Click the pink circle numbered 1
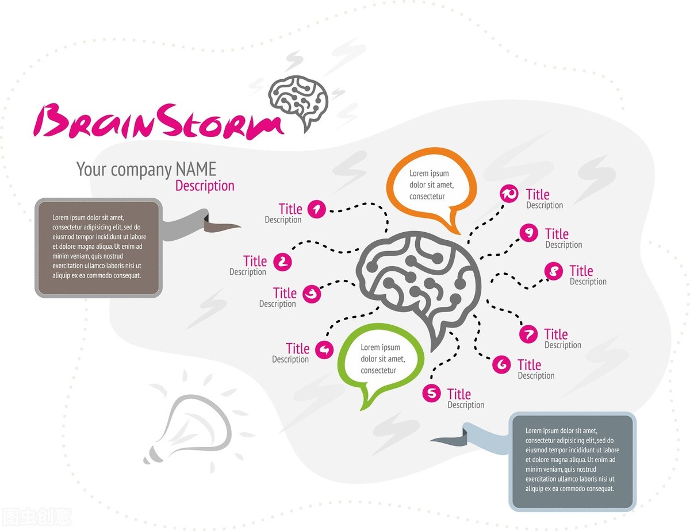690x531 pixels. click(x=317, y=209)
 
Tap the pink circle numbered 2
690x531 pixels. click(x=282, y=262)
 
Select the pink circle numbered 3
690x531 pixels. click(x=312, y=294)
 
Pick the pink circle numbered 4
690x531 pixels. click(x=325, y=349)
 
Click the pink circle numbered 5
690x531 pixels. click(x=431, y=394)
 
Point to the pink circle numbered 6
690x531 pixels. click(x=501, y=364)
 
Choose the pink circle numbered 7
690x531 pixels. click(x=528, y=334)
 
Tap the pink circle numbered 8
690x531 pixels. click(x=554, y=271)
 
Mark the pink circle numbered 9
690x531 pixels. click(x=528, y=233)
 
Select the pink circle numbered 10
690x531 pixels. click(x=509, y=194)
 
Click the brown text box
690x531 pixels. click(x=98, y=248)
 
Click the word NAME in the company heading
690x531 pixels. click(x=196, y=169)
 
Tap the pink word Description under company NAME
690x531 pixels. click(x=205, y=186)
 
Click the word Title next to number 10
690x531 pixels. click(x=538, y=194)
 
